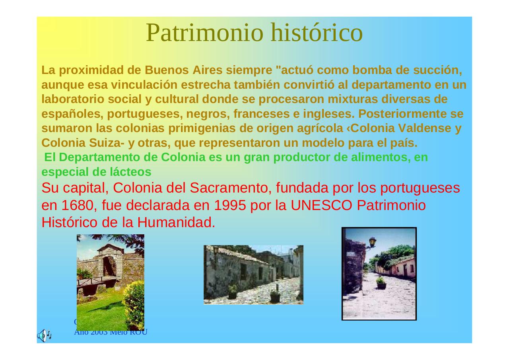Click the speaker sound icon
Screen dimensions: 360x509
pos(44,335)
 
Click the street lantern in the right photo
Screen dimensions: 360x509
pos(373,242)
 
